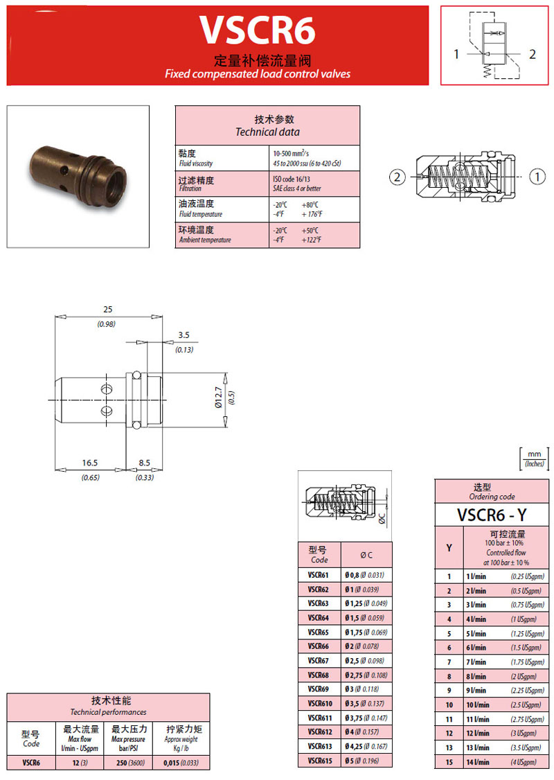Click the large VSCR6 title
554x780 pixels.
[258, 30]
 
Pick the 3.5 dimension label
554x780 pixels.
[184, 335]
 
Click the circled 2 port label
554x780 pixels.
[397, 177]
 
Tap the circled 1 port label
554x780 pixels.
[538, 177]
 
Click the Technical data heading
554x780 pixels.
[267, 125]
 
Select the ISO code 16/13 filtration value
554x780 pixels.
[291, 179]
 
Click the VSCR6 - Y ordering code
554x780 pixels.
[492, 515]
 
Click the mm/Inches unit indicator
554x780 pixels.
[533, 459]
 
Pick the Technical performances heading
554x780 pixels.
[108, 706]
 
